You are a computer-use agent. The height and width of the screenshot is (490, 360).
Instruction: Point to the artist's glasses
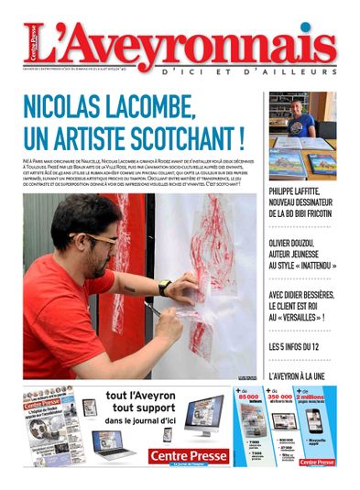click(98, 239)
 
